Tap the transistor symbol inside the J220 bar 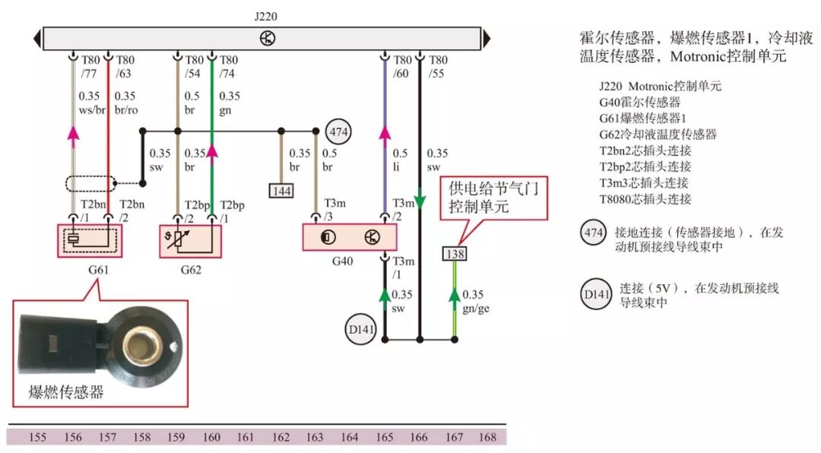click(x=268, y=39)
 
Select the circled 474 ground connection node click(x=338, y=132)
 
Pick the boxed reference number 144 click(x=281, y=190)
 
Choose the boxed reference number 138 click(x=455, y=254)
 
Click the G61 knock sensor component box click(x=90, y=240)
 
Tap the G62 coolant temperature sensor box click(x=190, y=240)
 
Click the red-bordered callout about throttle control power click(x=494, y=198)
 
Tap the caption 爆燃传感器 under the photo click(x=66, y=392)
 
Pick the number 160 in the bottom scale click(x=212, y=437)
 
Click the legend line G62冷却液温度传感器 click(x=658, y=134)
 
